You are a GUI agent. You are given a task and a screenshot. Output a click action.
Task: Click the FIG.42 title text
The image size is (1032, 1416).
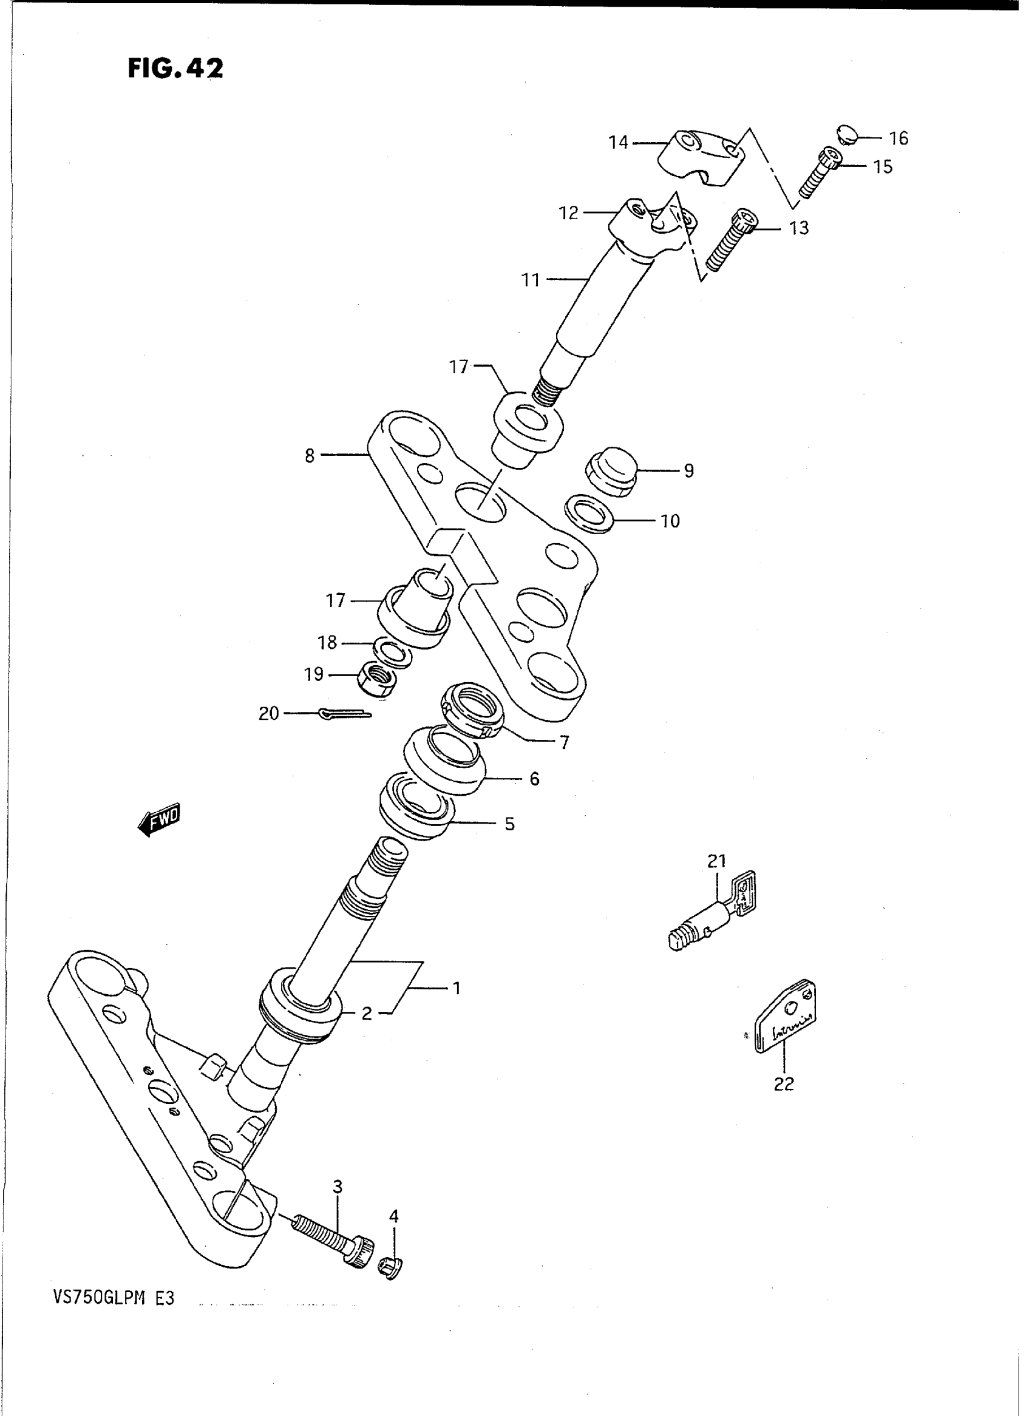175,68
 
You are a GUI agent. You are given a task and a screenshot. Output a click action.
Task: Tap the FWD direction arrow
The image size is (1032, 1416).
159,818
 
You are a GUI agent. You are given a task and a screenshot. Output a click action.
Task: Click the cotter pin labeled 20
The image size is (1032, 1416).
344,713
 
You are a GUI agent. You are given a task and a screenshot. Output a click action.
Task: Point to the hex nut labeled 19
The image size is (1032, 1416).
375,677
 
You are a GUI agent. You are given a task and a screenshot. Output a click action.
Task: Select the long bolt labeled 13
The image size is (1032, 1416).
731,240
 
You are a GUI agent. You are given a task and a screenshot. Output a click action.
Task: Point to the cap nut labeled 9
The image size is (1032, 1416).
610,471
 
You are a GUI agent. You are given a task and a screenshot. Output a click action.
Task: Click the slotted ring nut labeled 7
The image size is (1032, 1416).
473,710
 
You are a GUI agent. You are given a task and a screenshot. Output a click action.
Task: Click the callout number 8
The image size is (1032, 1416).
310,456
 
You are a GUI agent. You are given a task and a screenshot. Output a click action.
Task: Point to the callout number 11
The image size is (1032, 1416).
531,280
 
